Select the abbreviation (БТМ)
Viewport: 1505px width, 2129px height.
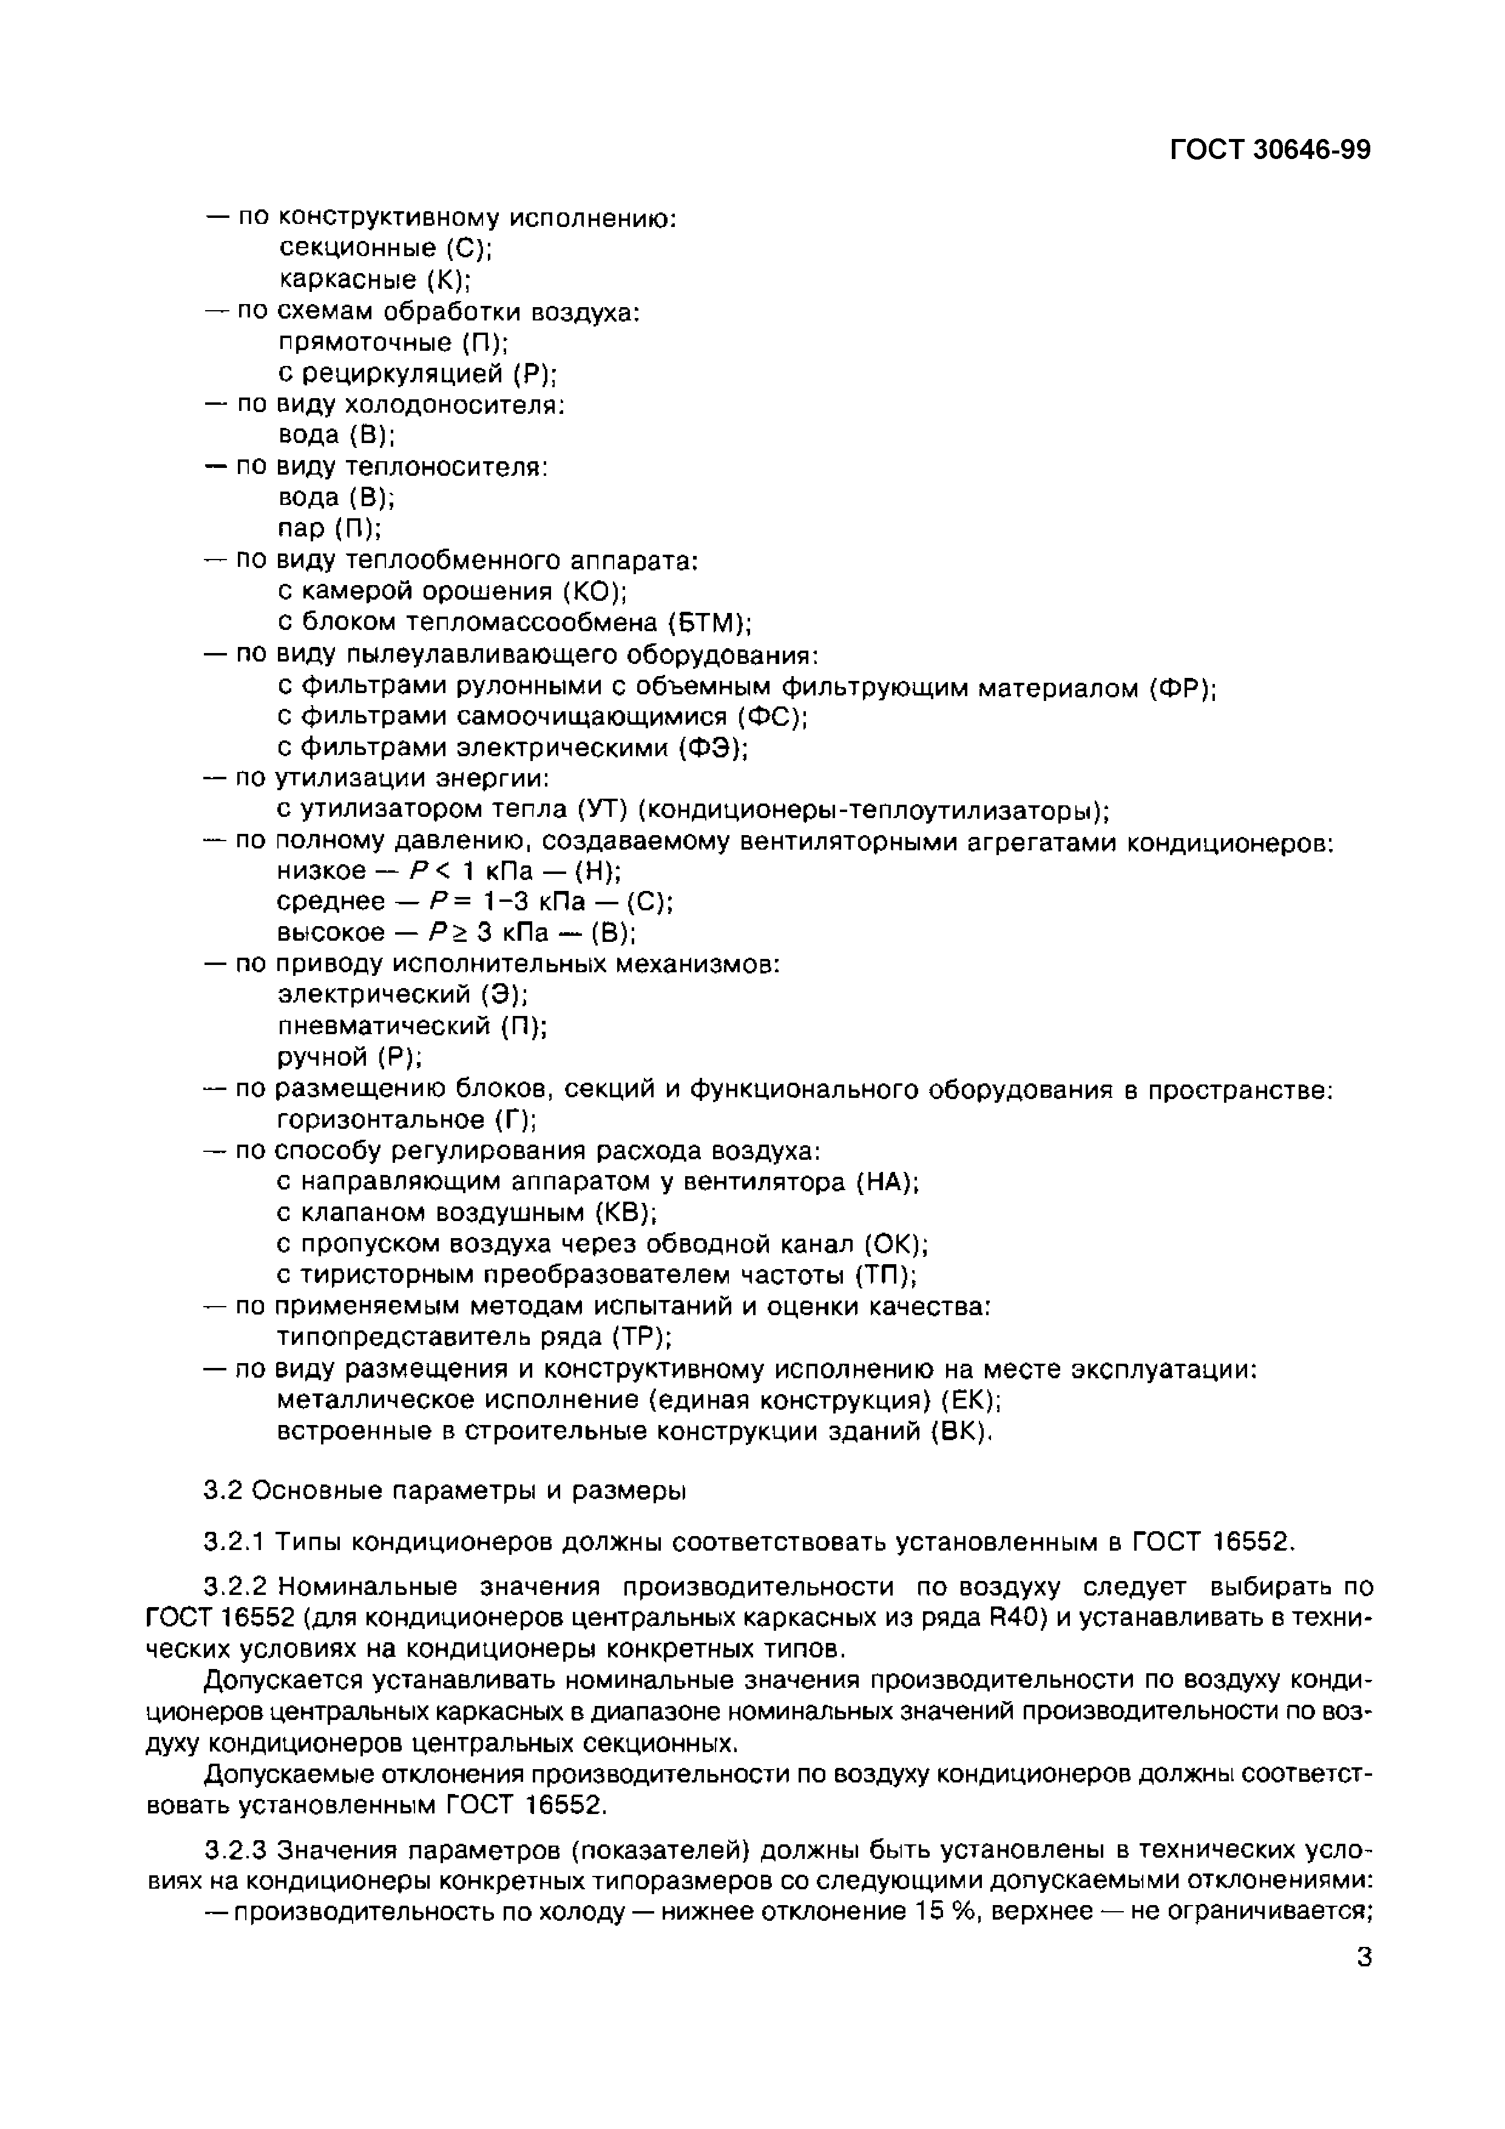(x=708, y=622)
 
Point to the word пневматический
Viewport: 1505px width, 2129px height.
(x=386, y=1026)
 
